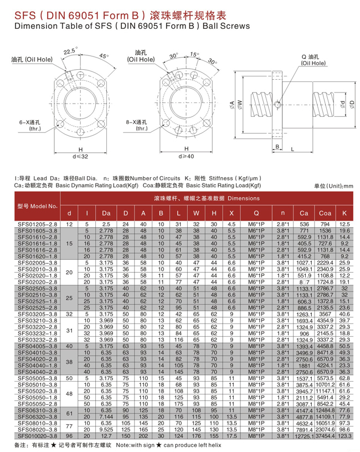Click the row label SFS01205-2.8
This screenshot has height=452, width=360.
coord(35,224)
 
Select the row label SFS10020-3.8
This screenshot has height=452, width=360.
coord(35,436)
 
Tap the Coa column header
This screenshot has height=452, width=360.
coord(325,213)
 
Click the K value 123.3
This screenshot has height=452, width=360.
coord(344,436)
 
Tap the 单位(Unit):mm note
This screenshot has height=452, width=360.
coord(333,186)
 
